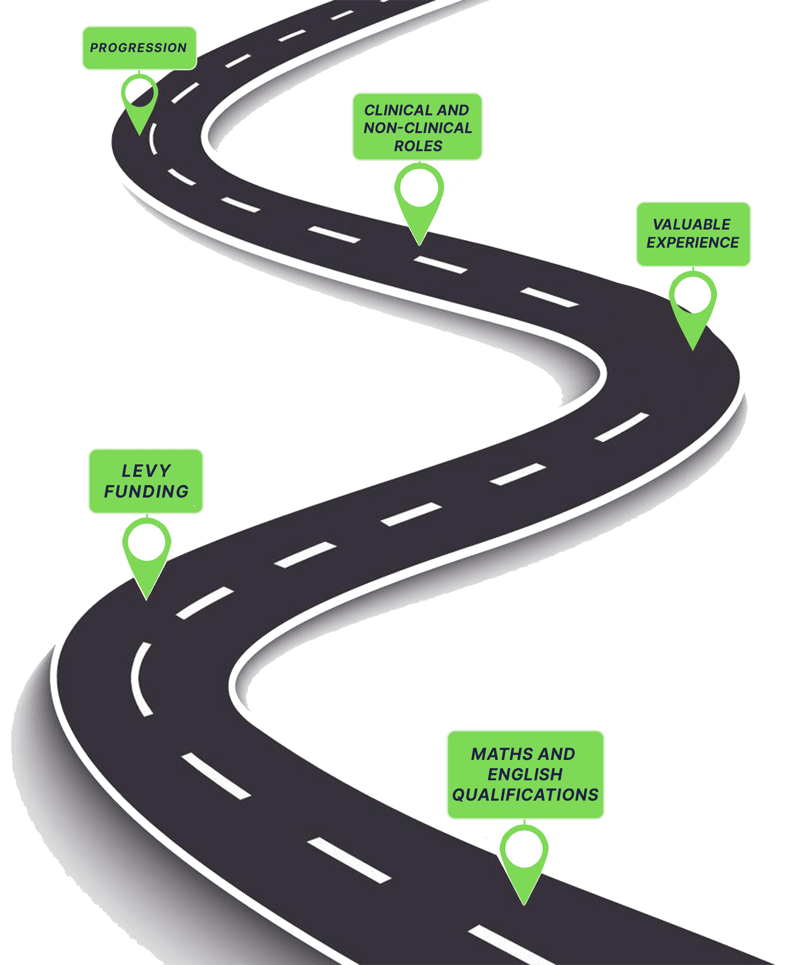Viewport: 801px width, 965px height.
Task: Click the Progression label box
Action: click(139, 48)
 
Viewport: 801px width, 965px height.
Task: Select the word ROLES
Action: click(418, 146)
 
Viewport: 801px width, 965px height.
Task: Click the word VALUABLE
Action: click(691, 225)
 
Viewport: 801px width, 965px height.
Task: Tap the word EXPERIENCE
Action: click(692, 243)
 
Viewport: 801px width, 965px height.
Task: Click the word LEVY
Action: click(146, 471)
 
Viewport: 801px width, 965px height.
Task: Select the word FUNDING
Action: click(147, 492)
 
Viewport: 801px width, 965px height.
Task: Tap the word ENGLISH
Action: click(524, 775)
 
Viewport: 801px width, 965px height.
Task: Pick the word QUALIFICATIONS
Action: click(525, 795)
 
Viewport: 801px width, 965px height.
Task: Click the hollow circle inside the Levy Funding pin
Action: click(147, 542)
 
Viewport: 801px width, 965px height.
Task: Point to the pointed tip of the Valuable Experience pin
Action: click(692, 349)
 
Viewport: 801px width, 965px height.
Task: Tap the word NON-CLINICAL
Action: click(417, 128)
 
